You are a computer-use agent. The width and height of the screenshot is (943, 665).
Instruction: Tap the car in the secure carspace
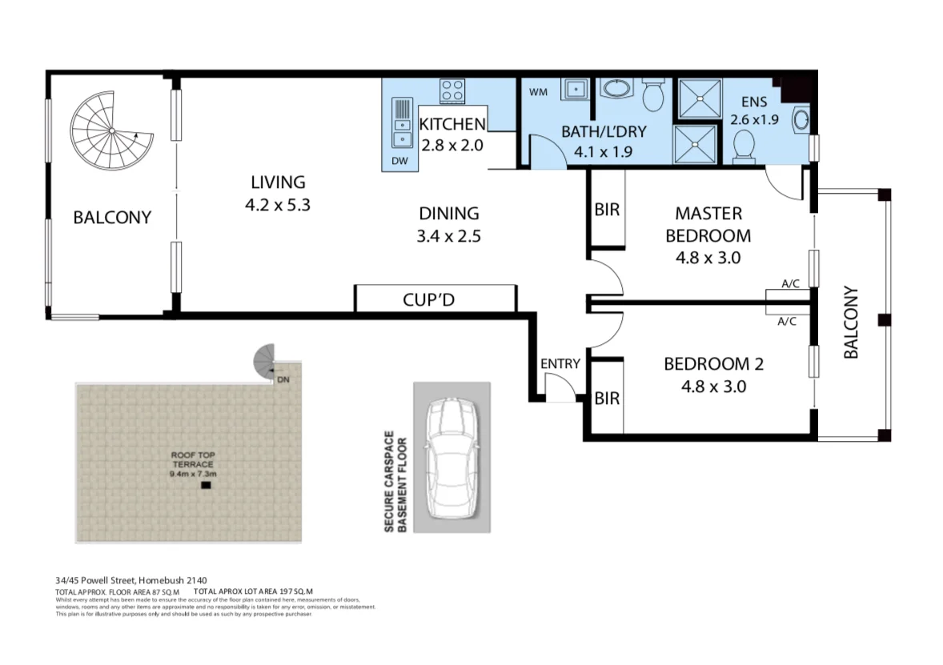[449, 461]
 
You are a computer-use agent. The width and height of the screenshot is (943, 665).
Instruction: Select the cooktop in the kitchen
[452, 90]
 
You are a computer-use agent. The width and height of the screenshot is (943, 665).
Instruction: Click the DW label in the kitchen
[399, 161]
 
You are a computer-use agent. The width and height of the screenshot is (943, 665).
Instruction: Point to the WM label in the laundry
[538, 92]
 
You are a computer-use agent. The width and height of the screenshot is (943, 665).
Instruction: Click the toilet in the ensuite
[744, 146]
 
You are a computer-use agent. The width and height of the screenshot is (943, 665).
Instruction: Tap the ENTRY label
[560, 364]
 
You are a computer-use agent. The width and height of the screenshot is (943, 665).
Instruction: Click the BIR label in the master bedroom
[607, 210]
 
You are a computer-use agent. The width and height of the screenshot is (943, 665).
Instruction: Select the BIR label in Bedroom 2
[607, 398]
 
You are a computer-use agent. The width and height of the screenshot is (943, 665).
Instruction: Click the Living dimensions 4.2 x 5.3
[277, 205]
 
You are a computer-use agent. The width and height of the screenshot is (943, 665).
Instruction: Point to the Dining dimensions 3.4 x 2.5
[448, 236]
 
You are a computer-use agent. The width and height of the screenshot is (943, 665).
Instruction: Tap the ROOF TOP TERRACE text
[192, 460]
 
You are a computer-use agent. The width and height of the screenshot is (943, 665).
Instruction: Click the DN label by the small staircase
[283, 379]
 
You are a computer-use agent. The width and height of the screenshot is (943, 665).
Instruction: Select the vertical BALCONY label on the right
[850, 322]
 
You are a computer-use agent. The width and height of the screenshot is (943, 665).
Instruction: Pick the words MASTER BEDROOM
[708, 225]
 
